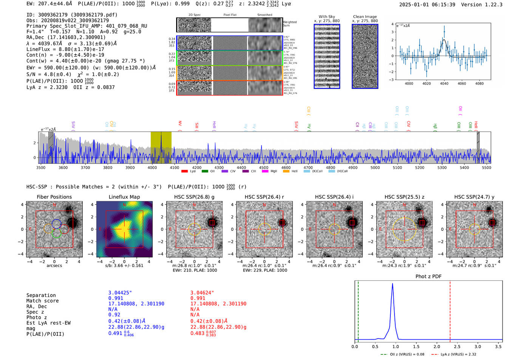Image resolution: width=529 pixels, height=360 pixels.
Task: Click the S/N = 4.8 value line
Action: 49,74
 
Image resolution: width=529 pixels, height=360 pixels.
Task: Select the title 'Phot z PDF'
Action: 428,277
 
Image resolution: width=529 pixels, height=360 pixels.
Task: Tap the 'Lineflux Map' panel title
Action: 124,197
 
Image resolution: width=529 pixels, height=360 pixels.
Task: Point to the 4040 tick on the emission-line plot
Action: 444,83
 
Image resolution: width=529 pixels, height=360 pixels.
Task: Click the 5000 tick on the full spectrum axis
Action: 375,168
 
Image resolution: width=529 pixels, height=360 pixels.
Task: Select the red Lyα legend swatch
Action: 184,172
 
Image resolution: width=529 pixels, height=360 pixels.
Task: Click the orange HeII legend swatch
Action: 286,172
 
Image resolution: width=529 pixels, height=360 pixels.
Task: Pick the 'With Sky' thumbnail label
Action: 327,17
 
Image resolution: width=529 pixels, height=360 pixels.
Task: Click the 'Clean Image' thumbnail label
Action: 365,17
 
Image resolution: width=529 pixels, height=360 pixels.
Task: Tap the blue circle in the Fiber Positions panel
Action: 56,224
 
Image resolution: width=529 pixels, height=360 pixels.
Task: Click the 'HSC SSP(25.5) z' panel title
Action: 404,197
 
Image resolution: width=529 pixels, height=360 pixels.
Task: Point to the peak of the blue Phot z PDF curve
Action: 393,284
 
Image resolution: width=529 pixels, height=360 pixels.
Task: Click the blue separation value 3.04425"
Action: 120,293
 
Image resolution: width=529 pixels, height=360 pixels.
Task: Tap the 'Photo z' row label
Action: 37,317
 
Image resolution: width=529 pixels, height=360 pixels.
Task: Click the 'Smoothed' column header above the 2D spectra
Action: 265,15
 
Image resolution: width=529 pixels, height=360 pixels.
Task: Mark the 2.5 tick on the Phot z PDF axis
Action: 457,346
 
